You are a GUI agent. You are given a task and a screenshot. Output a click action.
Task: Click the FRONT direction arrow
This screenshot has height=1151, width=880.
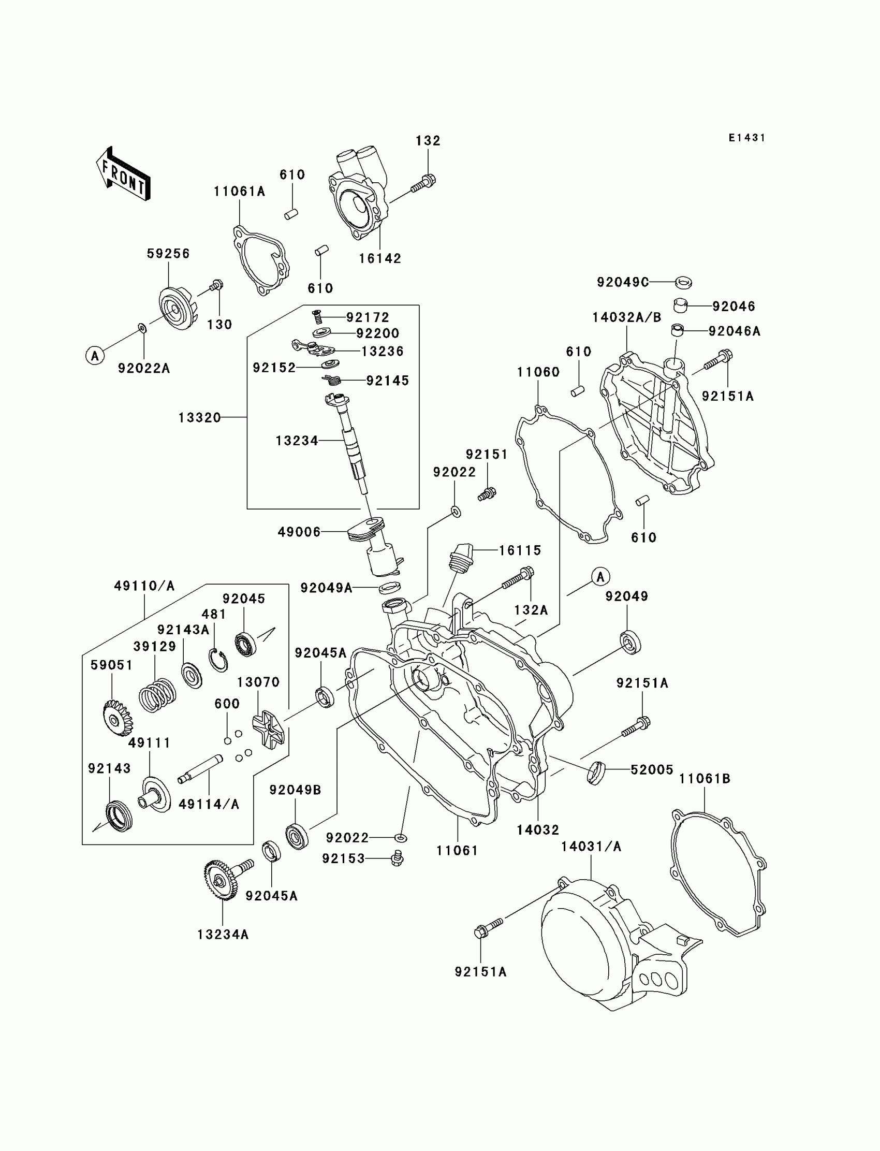pyautogui.click(x=124, y=174)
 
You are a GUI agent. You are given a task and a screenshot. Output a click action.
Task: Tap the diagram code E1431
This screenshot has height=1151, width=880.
pyautogui.click(x=747, y=138)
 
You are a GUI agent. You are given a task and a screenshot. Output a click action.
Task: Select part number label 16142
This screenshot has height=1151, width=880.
pyautogui.click(x=380, y=259)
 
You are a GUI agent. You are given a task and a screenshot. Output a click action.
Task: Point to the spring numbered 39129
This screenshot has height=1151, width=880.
pyautogui.click(x=157, y=694)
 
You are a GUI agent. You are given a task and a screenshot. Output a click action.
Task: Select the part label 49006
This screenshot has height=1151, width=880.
pyautogui.click(x=299, y=532)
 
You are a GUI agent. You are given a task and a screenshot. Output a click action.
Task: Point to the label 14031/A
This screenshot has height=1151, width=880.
pyautogui.click(x=591, y=847)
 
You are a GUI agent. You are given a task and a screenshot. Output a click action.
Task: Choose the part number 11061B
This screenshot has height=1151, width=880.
pyautogui.click(x=705, y=779)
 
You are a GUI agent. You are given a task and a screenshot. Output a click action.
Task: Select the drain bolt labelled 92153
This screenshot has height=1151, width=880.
pyautogui.click(x=398, y=858)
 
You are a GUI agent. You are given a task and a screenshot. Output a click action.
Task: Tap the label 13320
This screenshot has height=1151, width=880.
pyautogui.click(x=200, y=418)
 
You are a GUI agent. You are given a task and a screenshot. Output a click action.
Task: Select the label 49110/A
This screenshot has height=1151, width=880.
pyautogui.click(x=144, y=586)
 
